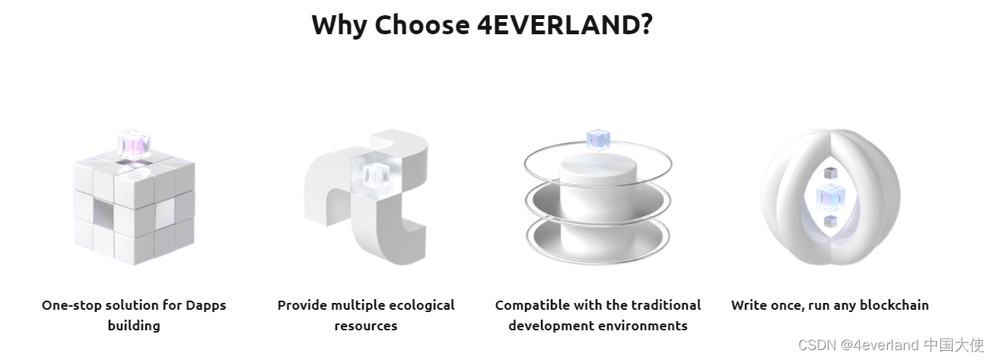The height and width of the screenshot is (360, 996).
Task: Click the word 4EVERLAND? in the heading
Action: tap(565, 24)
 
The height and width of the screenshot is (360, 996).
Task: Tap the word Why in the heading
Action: tap(339, 26)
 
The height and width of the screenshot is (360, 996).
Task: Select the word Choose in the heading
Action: tap(422, 24)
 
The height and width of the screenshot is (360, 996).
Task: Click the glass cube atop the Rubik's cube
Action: tap(134, 145)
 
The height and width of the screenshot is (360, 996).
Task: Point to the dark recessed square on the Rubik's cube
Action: tap(103, 212)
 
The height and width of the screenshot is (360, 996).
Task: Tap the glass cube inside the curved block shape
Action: tap(376, 175)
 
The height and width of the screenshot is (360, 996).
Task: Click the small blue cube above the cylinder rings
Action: tap(598, 139)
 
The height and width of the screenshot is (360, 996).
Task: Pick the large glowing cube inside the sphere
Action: tap(830, 198)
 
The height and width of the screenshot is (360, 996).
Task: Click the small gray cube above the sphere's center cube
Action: tap(830, 173)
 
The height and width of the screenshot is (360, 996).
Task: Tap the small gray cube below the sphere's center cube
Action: tap(830, 221)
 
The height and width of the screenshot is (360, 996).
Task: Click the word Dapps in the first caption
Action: tap(206, 306)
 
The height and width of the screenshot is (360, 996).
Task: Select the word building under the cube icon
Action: tap(134, 326)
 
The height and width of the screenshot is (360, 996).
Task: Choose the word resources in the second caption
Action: tap(366, 327)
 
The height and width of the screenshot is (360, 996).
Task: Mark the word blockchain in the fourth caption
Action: tap(894, 305)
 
